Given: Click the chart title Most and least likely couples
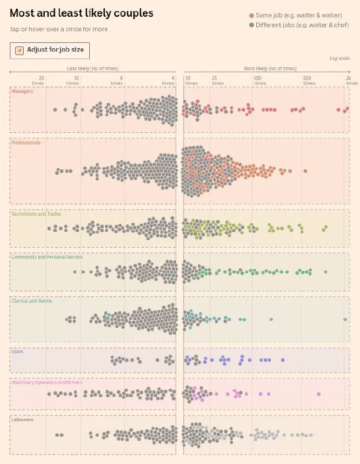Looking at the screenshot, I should coord(82,13).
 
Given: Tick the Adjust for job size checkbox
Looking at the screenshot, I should coord(19,50).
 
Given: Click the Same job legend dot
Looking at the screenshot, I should coord(251,16).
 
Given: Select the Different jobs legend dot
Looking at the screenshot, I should coord(251,25).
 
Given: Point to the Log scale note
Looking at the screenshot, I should coord(339,59).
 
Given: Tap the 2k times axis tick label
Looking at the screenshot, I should coord(348,80).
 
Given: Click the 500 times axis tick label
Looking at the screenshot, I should coord(307,80).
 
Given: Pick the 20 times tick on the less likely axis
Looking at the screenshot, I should coord(39,80).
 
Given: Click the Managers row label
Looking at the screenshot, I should coord(22,91).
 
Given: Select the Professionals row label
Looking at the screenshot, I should coord(26,142).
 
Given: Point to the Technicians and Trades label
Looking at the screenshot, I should coord(36,214).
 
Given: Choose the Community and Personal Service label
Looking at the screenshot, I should coord(47,257).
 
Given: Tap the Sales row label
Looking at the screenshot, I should coord(17,351).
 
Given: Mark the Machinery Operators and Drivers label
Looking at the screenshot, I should coord(47,382).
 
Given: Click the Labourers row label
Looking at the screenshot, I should coord(22,419).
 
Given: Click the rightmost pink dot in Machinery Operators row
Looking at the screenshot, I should coord(319,394).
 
